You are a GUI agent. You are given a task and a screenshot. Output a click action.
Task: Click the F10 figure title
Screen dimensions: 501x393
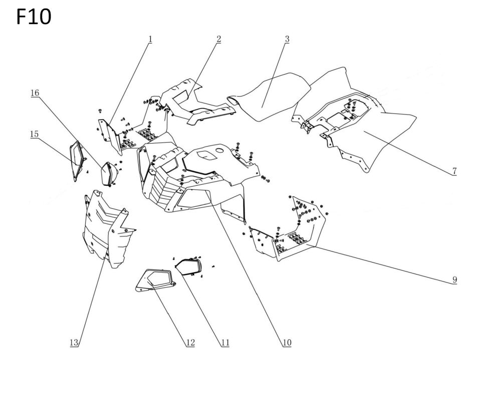(34, 17)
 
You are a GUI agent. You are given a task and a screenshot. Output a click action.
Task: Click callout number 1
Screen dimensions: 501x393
(150, 39)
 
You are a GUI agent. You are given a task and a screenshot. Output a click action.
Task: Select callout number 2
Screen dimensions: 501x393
(218, 39)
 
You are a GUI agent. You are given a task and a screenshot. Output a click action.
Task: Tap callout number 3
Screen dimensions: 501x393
(287, 39)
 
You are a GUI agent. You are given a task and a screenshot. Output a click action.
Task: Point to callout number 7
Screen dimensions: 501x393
(454, 171)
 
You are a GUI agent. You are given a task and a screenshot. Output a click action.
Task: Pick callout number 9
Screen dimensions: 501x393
(454, 280)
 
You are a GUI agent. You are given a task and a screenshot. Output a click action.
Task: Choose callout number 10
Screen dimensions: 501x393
(287, 343)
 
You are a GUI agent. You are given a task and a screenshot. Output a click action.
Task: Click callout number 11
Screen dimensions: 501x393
(225, 343)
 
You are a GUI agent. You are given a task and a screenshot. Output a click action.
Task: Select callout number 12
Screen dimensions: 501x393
(190, 343)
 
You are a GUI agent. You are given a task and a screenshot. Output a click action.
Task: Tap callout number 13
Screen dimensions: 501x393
(74, 343)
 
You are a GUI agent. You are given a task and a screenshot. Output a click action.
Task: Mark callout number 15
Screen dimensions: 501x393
(34, 134)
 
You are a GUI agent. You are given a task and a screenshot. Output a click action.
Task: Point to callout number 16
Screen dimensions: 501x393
(35, 93)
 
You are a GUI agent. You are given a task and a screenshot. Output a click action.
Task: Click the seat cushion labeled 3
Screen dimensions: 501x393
(269, 97)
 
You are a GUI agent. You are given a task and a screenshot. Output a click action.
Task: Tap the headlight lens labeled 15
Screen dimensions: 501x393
(77, 161)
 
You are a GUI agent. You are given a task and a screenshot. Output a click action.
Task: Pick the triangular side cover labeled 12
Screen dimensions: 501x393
(155, 281)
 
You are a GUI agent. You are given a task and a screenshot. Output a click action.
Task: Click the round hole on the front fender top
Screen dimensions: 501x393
(220, 151)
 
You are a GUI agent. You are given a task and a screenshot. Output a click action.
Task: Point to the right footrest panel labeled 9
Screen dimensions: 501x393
(288, 228)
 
